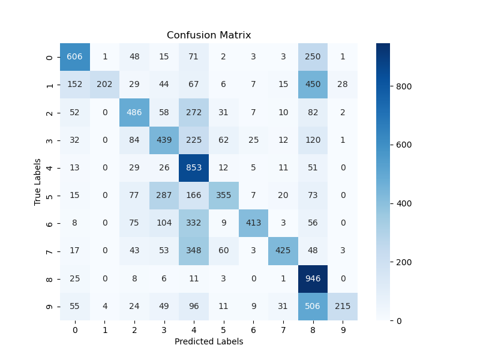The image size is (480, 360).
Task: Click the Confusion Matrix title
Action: click(x=209, y=35)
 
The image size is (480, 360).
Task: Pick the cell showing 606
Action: click(x=74, y=57)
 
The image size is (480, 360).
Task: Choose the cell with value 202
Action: click(x=104, y=85)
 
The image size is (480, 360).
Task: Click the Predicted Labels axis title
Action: click(x=209, y=341)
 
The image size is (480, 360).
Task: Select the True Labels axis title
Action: click(x=37, y=182)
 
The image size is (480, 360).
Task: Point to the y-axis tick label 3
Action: click(x=49, y=140)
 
